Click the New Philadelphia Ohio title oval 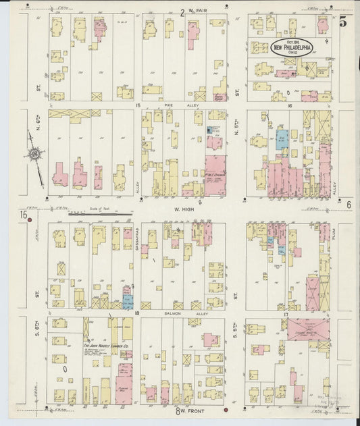[x=292, y=47]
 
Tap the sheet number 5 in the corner [x=343, y=22]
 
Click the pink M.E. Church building [x=215, y=176]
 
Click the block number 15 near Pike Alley [x=137, y=106]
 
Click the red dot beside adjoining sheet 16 [x=29, y=219]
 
